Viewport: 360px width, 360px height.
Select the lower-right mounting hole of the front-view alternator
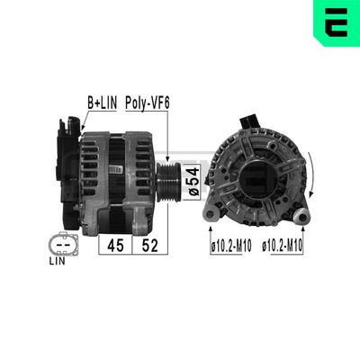[x=301, y=215]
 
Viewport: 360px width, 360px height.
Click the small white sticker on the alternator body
[x=117, y=167]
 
